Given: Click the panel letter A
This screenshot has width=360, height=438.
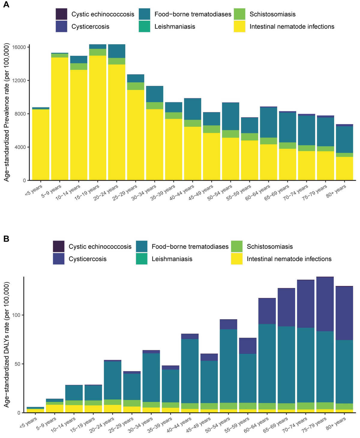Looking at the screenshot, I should (x=6, y=5).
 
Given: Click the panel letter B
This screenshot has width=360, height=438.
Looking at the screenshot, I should (x=6, y=239).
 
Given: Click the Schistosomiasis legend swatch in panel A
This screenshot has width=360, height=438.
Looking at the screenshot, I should (x=239, y=14).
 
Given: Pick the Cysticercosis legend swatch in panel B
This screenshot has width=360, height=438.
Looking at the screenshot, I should (x=58, y=259).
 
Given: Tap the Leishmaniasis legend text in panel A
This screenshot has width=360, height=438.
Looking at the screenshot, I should (x=175, y=27).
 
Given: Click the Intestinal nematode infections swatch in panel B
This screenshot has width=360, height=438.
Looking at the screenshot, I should (x=237, y=259).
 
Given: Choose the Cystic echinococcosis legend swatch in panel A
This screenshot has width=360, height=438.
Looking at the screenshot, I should (x=61, y=14).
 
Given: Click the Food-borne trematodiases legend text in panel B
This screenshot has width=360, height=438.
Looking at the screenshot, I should (x=190, y=247).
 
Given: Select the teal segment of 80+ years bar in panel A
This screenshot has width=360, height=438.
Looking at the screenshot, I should (x=344, y=139).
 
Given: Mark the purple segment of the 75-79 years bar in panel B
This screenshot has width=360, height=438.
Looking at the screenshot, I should (x=325, y=304).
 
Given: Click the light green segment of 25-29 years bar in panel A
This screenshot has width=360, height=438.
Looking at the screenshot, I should (x=136, y=86).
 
